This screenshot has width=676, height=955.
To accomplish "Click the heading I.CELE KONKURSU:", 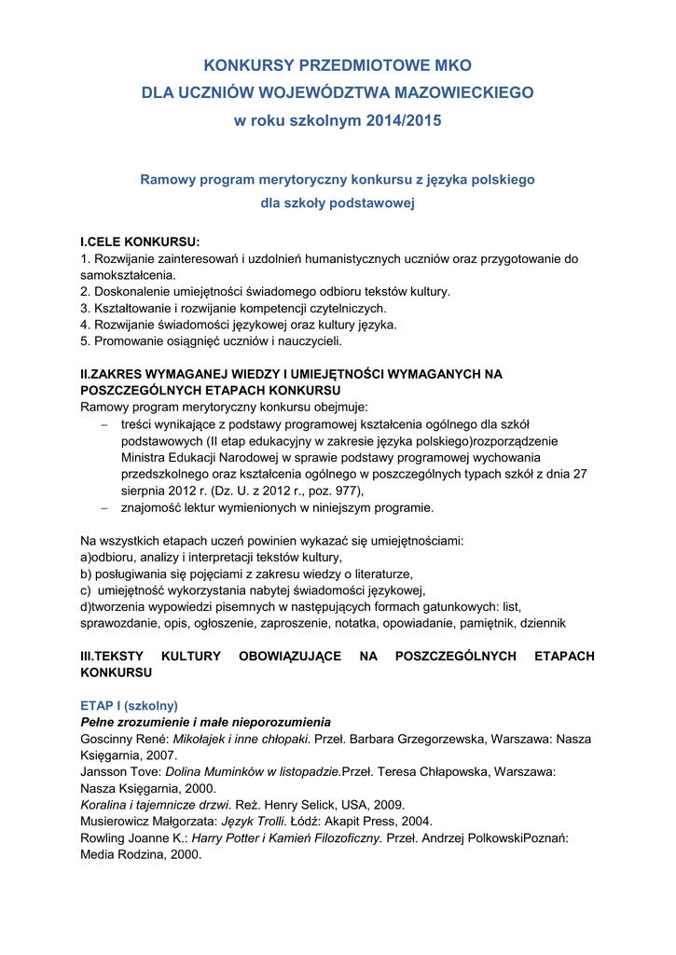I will click(141, 242).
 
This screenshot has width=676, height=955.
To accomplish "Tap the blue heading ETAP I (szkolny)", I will click(129, 705).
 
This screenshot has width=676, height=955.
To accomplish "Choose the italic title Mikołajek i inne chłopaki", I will click(241, 739).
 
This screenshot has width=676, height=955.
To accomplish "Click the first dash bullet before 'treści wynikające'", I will click(104, 425).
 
